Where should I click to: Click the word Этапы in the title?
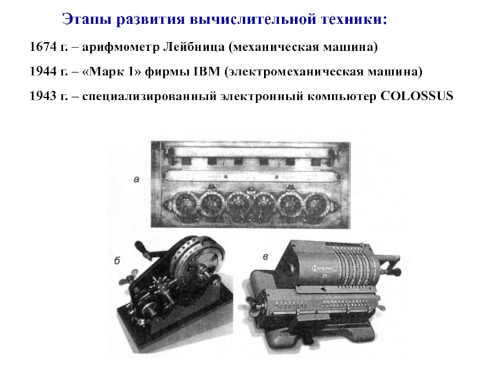pos(86,20)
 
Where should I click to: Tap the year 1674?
pos(43,47)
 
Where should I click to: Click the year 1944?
pos(43,71)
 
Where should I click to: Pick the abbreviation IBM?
pos(207,71)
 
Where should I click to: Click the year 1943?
pos(43,96)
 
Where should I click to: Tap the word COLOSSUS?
pos(416,96)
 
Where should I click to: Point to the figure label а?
pos(136,180)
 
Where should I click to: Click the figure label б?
pos(117,260)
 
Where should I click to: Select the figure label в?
pos(265,257)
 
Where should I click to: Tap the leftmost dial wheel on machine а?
pos(184,206)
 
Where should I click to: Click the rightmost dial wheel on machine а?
pos(316,206)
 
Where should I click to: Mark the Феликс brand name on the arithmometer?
pos(324,268)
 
